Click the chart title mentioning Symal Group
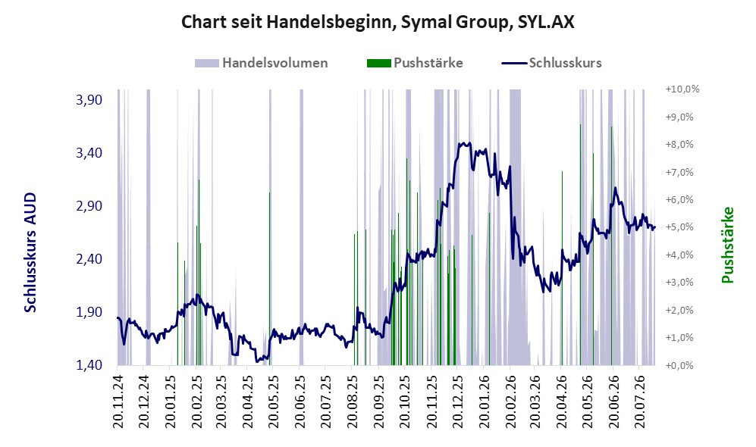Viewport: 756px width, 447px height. (378, 22)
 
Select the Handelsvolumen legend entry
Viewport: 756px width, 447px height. (262, 63)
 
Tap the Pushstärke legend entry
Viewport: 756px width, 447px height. (415, 63)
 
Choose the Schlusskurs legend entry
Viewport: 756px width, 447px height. (551, 63)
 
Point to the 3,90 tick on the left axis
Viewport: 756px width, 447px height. (89, 100)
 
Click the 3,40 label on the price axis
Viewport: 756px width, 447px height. (89, 153)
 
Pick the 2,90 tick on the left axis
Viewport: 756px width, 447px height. (89, 206)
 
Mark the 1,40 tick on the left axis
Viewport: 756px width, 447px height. (89, 365)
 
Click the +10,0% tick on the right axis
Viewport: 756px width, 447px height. (682, 89)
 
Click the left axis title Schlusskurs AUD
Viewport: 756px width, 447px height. (30, 252)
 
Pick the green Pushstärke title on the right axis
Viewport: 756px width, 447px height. (727, 245)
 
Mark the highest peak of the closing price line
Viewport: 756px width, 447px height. (463, 143)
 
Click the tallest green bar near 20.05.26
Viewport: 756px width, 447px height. (580, 245)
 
